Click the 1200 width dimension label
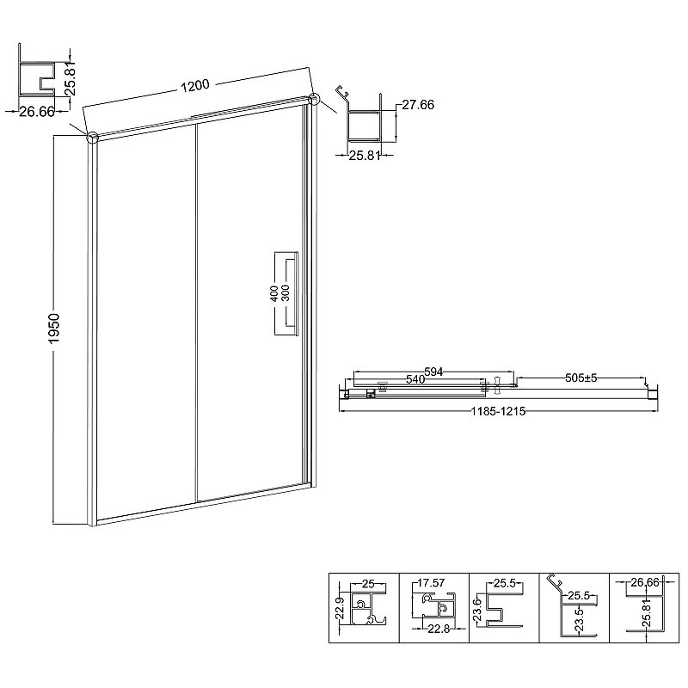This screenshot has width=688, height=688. pyautogui.click(x=195, y=85)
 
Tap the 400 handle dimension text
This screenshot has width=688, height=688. pyautogui.click(x=273, y=293)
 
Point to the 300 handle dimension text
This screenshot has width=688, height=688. pyautogui.click(x=286, y=293)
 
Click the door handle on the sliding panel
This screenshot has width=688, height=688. pyautogui.click(x=286, y=293)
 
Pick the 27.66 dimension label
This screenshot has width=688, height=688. pyautogui.click(x=418, y=104)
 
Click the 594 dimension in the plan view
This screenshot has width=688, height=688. pyautogui.click(x=433, y=372)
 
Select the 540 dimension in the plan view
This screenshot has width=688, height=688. pyautogui.click(x=415, y=378)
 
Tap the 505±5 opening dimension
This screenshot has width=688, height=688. pyautogui.click(x=581, y=378)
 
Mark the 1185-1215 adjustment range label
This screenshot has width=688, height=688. pyautogui.click(x=498, y=411)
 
